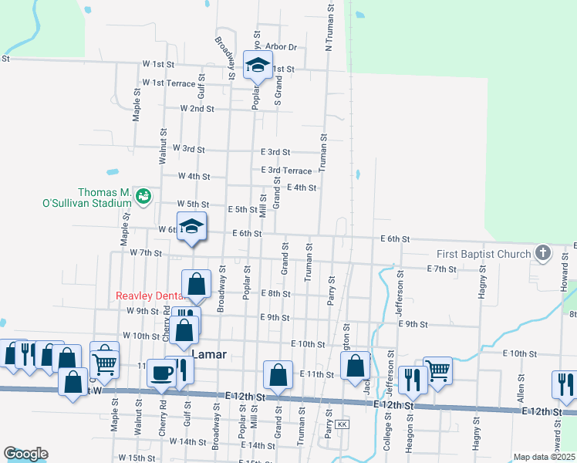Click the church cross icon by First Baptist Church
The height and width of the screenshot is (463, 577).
543,252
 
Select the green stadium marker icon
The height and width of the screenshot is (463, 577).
142,197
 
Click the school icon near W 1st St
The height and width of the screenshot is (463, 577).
258,65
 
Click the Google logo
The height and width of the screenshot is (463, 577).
25,454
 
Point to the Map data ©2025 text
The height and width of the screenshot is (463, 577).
543,457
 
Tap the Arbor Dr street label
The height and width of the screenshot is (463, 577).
281,47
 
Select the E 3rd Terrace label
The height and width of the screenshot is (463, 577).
287,171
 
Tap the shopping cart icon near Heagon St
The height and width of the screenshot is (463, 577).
437,370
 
